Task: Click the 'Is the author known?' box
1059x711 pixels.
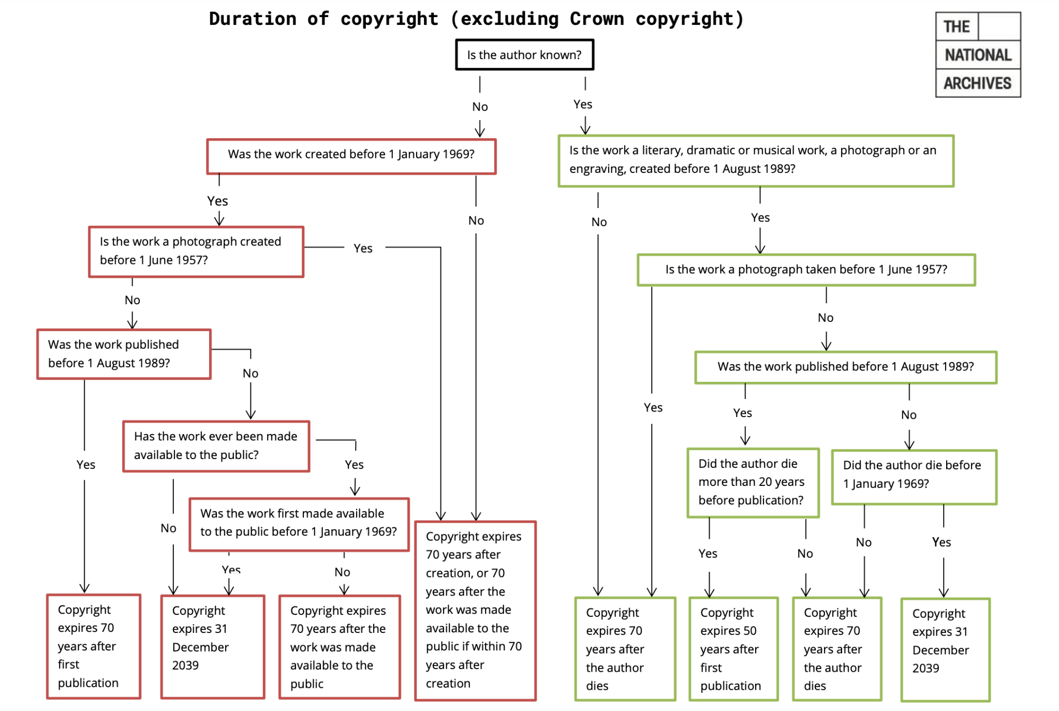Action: click(524, 55)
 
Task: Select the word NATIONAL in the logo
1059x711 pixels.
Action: click(977, 55)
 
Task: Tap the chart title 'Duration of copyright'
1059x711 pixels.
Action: click(476, 19)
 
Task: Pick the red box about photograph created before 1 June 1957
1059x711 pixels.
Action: click(196, 251)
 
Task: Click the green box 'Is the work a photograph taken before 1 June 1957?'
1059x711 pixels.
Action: click(806, 270)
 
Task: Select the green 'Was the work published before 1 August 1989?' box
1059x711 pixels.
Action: click(845, 367)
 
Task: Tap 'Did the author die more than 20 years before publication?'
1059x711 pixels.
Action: click(753, 482)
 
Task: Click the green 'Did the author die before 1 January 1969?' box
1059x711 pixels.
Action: click(914, 476)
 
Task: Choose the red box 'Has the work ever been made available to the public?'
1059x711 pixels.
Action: click(216, 446)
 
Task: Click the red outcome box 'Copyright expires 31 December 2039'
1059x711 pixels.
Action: click(212, 646)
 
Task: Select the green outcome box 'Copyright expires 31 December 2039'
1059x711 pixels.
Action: click(945, 649)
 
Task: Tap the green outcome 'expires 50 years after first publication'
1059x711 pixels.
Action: click(733, 649)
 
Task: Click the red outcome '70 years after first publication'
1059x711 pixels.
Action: click(93, 646)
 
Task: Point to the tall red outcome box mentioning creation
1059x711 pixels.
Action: click(475, 610)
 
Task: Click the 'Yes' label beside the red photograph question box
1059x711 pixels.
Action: click(363, 248)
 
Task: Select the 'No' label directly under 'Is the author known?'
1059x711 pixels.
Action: click(480, 107)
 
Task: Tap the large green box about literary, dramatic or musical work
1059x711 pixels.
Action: click(755, 160)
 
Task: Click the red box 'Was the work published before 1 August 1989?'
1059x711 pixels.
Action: click(124, 354)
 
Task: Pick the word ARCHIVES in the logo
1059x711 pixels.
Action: click(977, 83)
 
